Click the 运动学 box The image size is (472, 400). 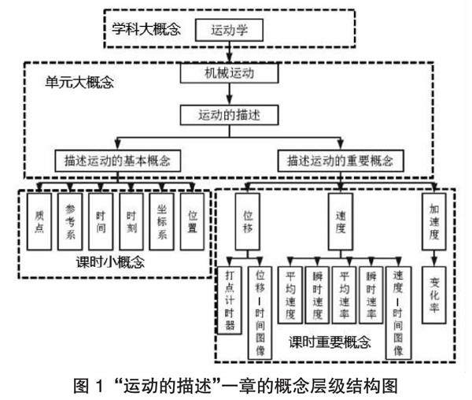[228, 31]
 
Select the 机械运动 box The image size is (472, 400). [229, 75]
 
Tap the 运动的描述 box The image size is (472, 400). [229, 115]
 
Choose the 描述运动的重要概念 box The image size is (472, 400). [341, 160]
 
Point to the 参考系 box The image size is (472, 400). [69, 221]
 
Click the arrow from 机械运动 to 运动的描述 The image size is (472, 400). [229, 94]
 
